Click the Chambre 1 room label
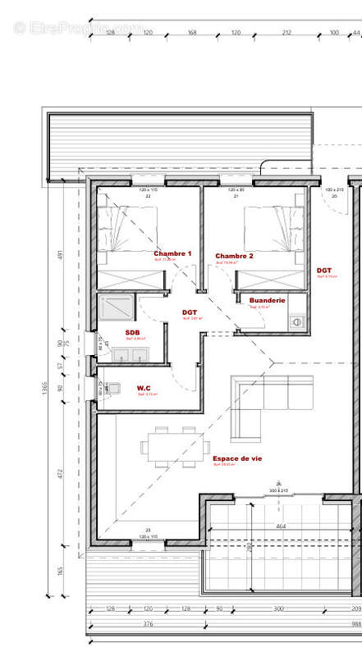coord(172,254)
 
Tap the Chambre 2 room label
coord(235,257)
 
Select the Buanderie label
coord(267,301)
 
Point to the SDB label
coord(132,333)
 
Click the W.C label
coord(144,388)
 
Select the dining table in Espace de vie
coord(167,447)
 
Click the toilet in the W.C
coord(112,387)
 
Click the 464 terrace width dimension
coord(280,526)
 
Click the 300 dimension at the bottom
coord(278,608)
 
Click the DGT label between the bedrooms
coord(190,312)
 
